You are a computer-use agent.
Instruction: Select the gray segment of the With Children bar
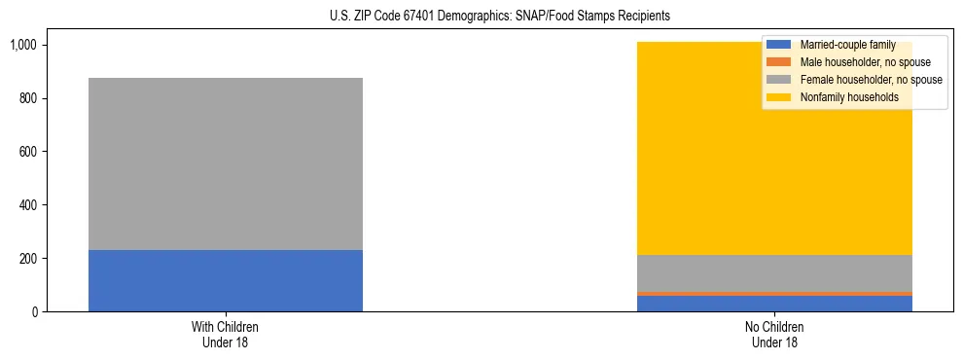click(226, 163)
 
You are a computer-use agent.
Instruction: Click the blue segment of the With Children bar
click(226, 281)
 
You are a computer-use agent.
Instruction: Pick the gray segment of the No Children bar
click(775, 272)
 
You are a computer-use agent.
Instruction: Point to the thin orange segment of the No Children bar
click(775, 293)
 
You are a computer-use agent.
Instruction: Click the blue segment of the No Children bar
click(775, 304)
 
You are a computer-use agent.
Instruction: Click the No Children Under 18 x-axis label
click(775, 334)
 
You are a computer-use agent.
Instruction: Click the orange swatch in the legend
click(779, 62)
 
